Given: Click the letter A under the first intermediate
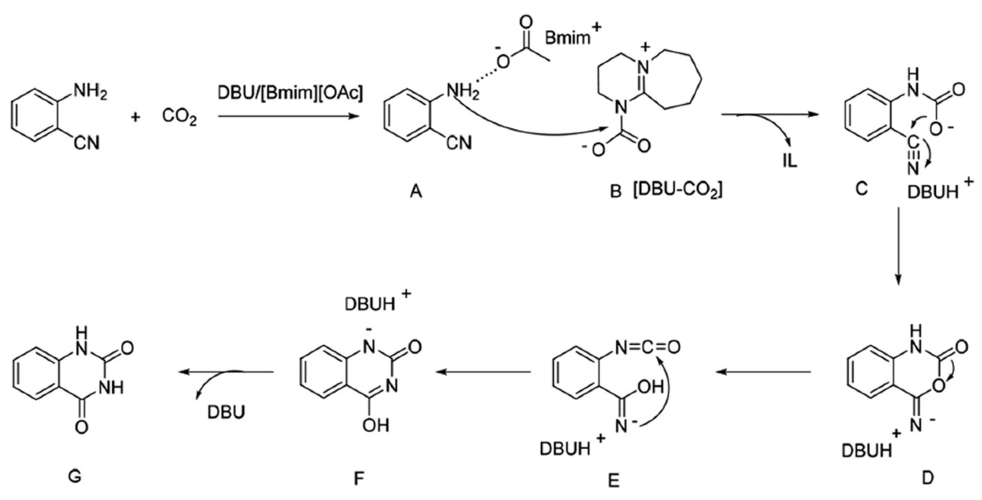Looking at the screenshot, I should coord(416,193).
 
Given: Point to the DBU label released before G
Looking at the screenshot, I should coord(226,412).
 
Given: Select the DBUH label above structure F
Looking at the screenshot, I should coord(370,305).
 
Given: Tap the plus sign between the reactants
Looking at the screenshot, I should coord(135,117).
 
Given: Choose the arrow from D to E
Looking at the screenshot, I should coord(762,372).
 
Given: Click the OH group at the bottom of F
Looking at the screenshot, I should coord(376,425).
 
